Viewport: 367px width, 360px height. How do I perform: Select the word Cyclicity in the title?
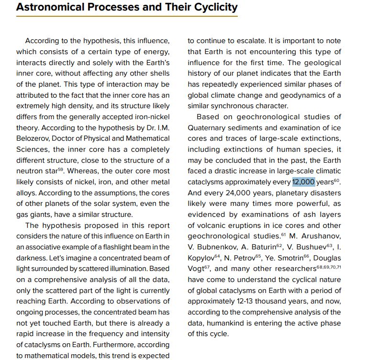tap(213, 7)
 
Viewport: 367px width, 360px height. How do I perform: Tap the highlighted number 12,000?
tap(303, 182)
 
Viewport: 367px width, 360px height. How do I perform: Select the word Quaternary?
tap(208, 128)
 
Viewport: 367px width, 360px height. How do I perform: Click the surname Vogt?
tap(198, 269)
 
